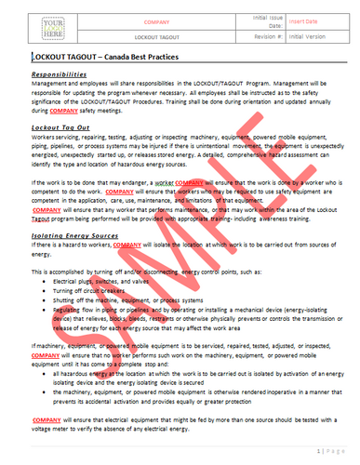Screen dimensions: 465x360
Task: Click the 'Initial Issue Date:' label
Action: coord(247,19)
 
